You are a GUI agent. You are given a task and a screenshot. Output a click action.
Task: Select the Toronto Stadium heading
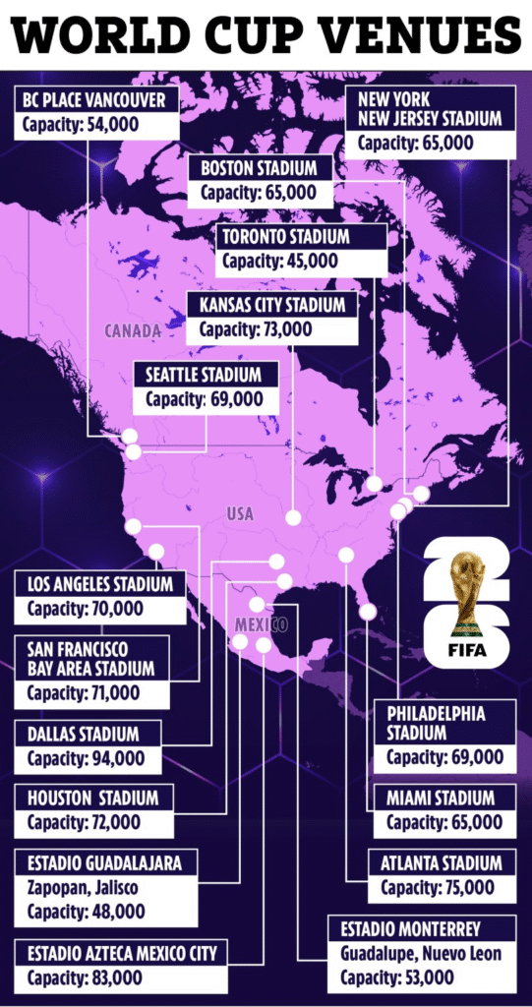click(x=284, y=237)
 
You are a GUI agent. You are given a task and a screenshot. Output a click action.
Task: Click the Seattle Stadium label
click(x=204, y=375)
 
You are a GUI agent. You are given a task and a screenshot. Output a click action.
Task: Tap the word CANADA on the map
click(x=133, y=331)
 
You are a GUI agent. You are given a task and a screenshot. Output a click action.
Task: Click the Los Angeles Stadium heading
click(x=100, y=584)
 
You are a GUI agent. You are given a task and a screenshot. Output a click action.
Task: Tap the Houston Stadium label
click(x=92, y=798)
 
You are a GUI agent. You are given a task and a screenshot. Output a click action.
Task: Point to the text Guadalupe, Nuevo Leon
click(x=420, y=952)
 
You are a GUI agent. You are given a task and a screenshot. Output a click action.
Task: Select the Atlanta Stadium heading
click(x=442, y=863)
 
